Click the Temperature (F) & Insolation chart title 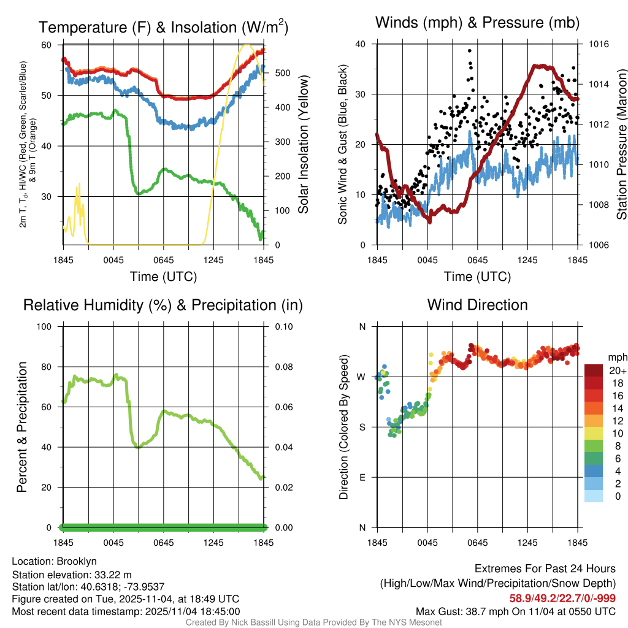pos(163,27)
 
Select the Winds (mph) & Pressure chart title pos(477,23)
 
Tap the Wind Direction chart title pos(477,305)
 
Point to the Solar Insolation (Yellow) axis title pos(303,145)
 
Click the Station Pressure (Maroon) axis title pos(621,145)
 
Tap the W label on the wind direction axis pos(361,377)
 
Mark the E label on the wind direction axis pos(362,477)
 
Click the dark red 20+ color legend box pos(595,370)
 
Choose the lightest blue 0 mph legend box pos(595,497)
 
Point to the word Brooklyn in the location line pos(77,561)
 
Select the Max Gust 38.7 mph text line pos(515,611)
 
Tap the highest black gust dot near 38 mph pos(470,51)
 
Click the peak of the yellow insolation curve pos(247,45)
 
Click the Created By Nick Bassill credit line pos(313,622)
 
